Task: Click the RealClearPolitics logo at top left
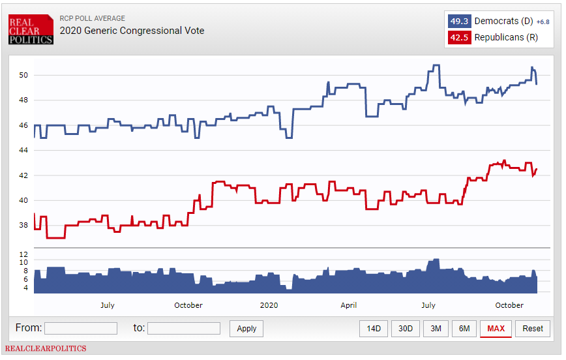(30, 29)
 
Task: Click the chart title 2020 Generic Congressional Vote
(132, 31)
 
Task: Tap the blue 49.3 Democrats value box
(459, 21)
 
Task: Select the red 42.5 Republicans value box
(459, 37)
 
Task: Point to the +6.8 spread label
(543, 22)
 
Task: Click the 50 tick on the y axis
(23, 75)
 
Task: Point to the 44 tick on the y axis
(23, 151)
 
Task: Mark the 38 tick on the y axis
(23, 226)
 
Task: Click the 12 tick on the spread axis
(23, 254)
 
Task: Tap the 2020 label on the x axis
(269, 305)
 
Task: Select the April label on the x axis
(348, 305)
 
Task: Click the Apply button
(246, 329)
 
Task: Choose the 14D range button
(374, 329)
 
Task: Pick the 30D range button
(406, 329)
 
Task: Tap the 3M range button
(436, 329)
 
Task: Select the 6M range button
(464, 329)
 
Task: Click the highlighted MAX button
(496, 329)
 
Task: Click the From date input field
(81, 329)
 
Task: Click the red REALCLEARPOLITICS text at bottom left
(46, 349)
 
